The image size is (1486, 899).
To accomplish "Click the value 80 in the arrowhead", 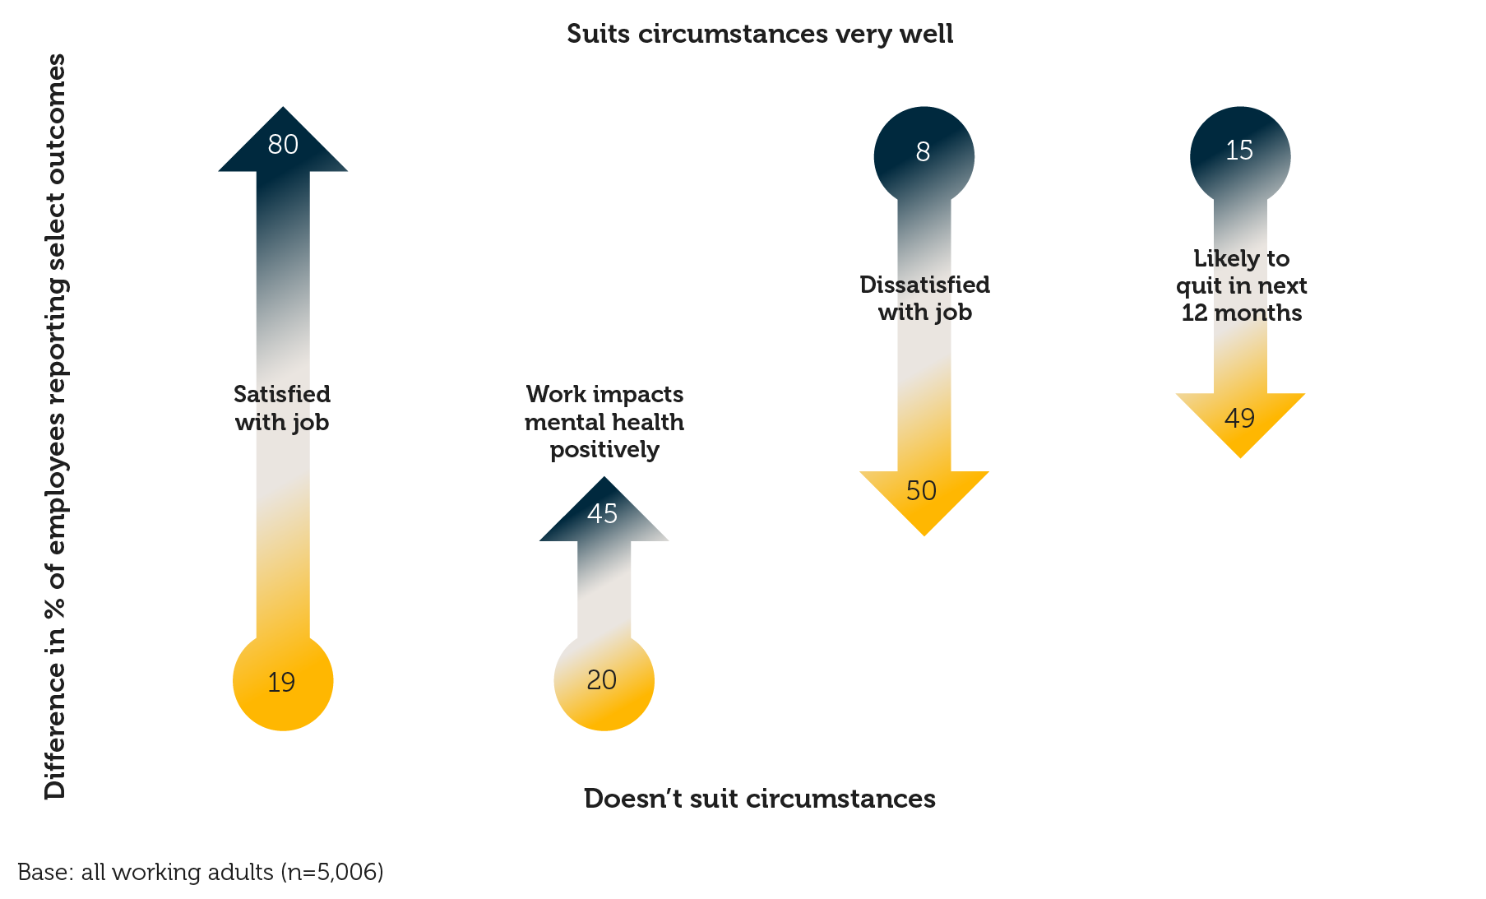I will (283, 145).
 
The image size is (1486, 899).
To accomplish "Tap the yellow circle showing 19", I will (282, 681).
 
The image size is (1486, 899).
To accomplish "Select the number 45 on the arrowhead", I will (603, 514).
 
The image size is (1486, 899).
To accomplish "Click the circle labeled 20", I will (603, 680).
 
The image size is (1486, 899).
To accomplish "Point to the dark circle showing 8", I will (924, 153).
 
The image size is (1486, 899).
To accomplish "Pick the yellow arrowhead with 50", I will (923, 494).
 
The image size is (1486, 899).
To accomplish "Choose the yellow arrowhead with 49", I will (1239, 419).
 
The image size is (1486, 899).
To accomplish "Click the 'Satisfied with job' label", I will (282, 408).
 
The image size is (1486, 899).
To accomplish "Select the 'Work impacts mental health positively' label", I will (604, 421).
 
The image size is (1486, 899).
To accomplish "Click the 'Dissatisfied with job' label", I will (924, 298).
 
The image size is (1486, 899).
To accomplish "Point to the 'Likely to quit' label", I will (1241, 285).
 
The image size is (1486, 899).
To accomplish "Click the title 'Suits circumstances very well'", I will (760, 34).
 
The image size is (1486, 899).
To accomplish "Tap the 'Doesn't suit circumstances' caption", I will (759, 799).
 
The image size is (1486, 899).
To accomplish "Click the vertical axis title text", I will (55, 426).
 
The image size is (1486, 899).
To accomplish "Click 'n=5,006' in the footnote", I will (332, 872).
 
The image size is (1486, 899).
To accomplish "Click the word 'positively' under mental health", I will (604, 450).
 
